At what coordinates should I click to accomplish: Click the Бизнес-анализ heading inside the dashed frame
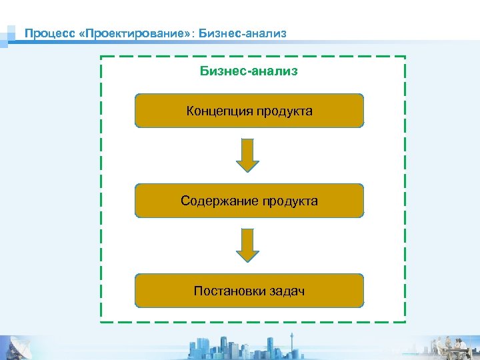point(249,71)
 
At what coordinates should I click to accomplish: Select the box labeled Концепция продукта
point(249,111)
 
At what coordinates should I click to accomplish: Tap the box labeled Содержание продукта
point(249,201)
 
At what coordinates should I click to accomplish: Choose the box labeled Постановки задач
point(249,291)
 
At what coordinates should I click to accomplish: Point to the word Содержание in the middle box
point(219,201)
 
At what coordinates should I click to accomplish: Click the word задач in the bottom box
point(287,291)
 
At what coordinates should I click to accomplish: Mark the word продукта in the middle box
point(290,201)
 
